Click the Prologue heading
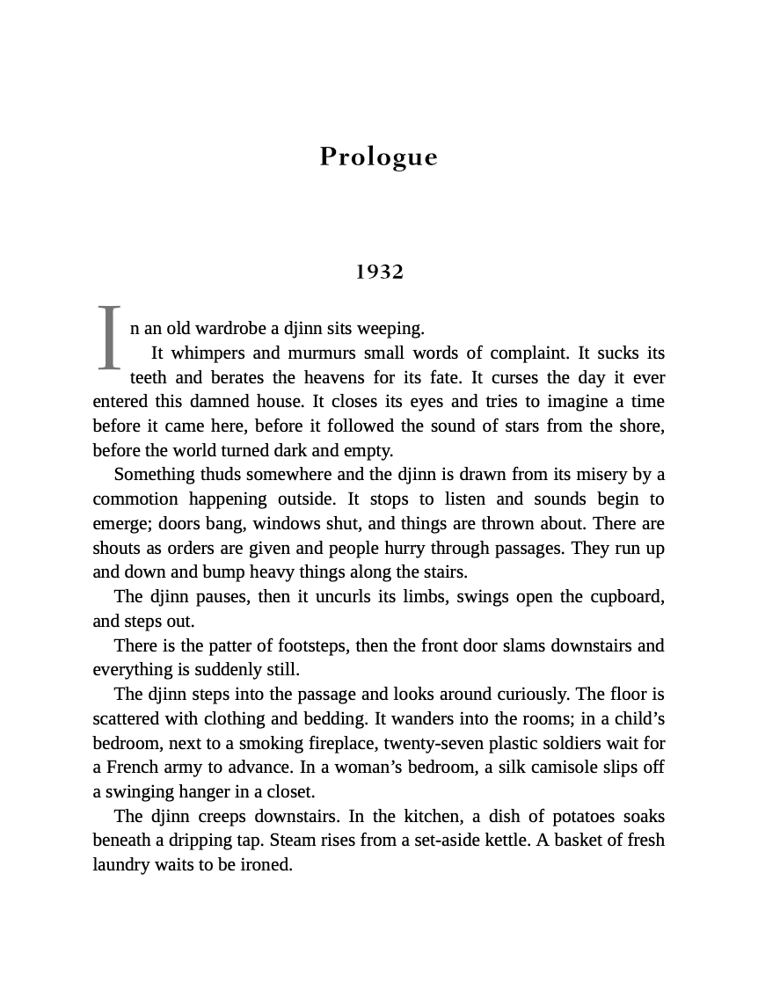[378, 157]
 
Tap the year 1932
[379, 272]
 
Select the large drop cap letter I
[109, 339]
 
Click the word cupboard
[626, 597]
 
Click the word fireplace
[340, 743]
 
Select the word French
[136, 768]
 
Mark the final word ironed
[263, 865]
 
